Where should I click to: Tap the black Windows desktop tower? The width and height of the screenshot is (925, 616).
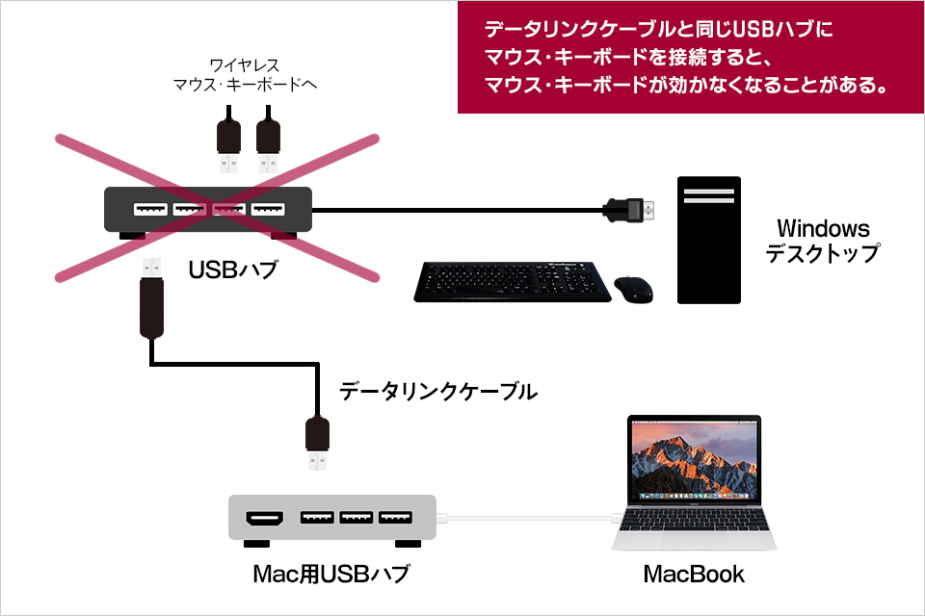pos(708,240)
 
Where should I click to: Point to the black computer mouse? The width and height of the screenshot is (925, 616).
pos(634,288)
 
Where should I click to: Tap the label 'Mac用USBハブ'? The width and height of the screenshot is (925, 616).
pos(330,575)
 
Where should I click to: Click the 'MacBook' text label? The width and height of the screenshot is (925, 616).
pos(694,575)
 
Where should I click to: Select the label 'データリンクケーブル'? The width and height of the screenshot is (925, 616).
pos(438,392)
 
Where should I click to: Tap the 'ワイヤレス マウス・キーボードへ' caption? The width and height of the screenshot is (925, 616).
pos(245,75)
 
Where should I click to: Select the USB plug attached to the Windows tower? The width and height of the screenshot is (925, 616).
pos(629,208)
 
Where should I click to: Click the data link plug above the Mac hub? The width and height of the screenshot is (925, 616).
pos(317,444)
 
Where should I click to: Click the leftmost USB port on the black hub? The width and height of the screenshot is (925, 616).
pos(149,209)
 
